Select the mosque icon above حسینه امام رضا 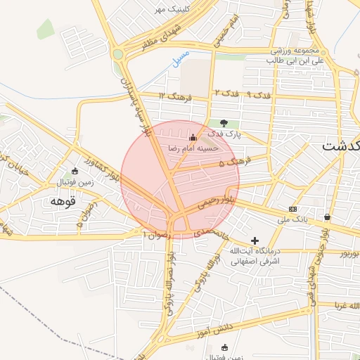[193, 137]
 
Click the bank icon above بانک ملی [292, 209]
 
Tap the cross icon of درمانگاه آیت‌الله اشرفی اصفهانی [255, 240]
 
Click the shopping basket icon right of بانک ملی [328, 217]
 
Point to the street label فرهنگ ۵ [234, 162]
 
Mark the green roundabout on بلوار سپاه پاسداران [118, 54]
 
